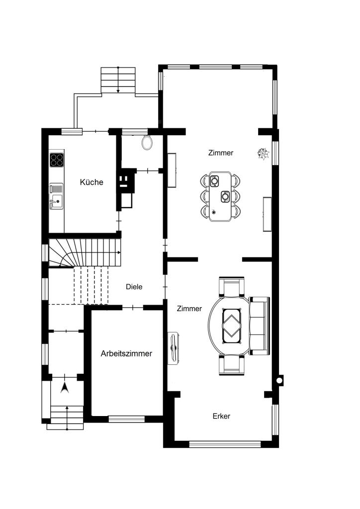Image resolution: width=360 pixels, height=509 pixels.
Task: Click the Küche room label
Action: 91,182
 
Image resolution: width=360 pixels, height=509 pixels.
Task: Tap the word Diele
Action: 134,287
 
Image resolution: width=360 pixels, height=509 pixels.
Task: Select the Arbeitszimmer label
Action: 126,353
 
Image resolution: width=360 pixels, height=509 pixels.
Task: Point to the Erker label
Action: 221,416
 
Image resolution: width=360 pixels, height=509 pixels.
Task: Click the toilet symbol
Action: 147,143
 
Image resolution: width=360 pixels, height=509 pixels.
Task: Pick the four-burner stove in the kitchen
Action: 57,160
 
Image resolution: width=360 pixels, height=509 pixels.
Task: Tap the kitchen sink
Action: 56,196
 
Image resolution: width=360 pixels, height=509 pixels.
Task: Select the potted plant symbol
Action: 263,153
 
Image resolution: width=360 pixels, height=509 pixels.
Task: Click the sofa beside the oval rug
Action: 259,326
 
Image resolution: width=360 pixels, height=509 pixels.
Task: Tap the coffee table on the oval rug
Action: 232,326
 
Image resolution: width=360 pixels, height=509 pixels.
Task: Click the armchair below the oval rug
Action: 231,365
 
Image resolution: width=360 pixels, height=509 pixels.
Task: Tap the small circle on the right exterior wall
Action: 279,380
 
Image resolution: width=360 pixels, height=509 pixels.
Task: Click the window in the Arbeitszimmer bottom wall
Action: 127,419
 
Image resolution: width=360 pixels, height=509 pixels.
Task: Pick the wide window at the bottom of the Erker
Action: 225,444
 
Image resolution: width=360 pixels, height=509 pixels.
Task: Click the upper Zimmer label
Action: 221,153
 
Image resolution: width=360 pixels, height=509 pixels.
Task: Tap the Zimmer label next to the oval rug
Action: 189,308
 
